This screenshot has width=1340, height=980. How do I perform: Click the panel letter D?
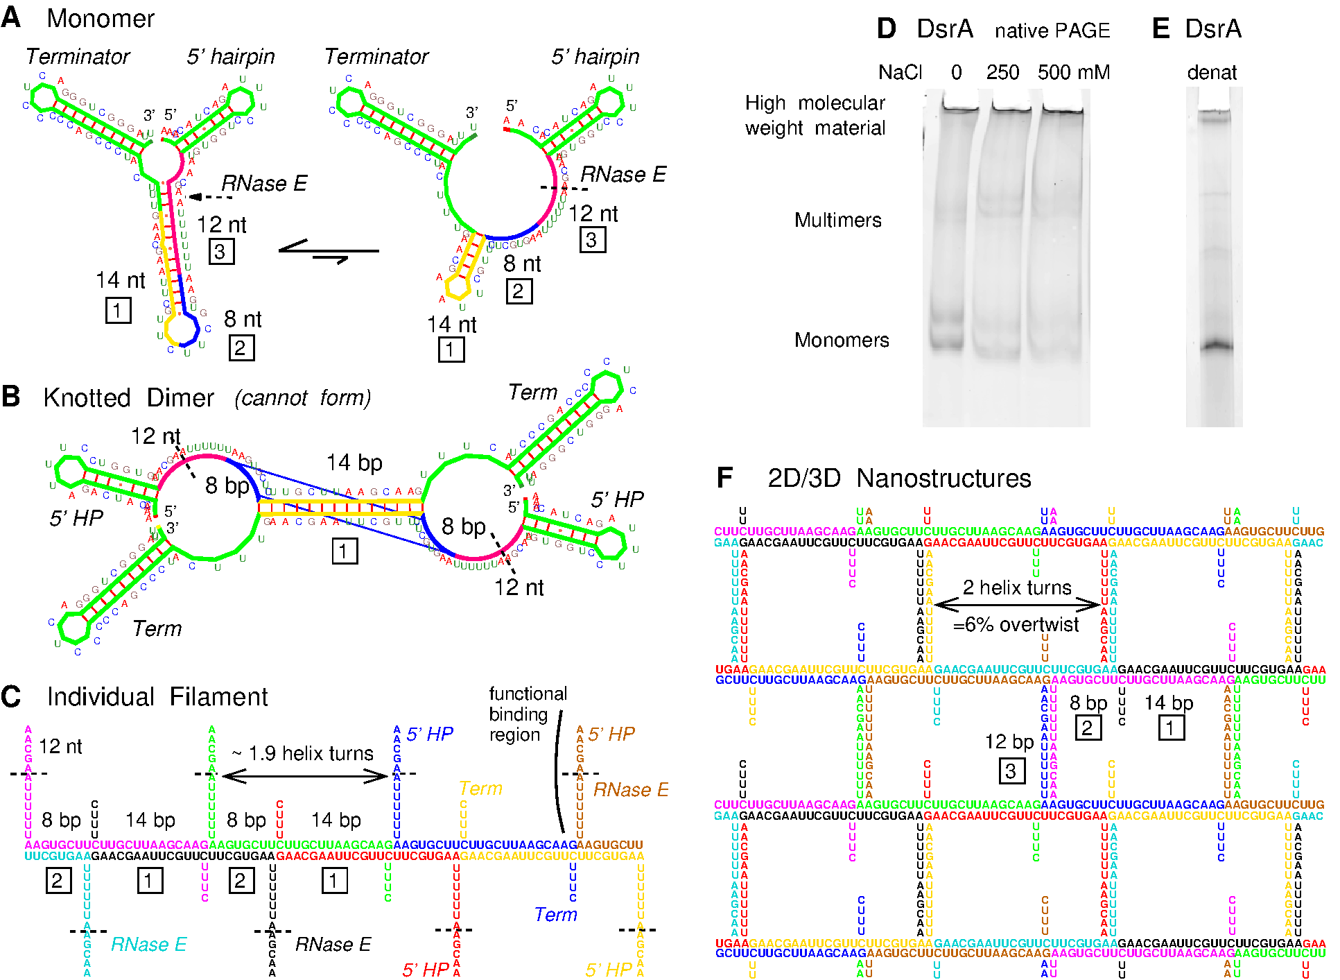(x=886, y=29)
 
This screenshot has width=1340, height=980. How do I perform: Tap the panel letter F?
(x=724, y=478)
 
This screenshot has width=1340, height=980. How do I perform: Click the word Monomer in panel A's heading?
(x=101, y=19)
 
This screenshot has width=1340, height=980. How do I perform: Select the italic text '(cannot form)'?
(x=302, y=397)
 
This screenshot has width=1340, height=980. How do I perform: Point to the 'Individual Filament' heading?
(x=157, y=696)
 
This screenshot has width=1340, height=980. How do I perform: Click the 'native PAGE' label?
(x=1052, y=31)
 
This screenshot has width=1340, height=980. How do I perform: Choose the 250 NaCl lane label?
(x=1002, y=72)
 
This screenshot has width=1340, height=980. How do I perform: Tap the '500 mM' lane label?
(x=1073, y=72)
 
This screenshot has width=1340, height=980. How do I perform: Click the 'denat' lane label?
(x=1212, y=72)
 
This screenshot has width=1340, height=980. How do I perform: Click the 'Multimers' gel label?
(x=837, y=220)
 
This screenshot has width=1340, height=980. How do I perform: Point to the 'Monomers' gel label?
(x=841, y=340)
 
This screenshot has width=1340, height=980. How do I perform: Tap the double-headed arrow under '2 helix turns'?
(x=1017, y=605)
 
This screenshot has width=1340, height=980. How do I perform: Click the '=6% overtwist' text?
(x=1016, y=625)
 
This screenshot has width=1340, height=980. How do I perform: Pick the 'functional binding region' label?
(x=528, y=714)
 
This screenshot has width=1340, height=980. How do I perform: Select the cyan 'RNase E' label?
(x=148, y=944)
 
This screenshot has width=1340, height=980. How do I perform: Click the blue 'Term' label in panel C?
(x=555, y=914)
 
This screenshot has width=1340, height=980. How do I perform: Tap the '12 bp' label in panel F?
(x=1009, y=741)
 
